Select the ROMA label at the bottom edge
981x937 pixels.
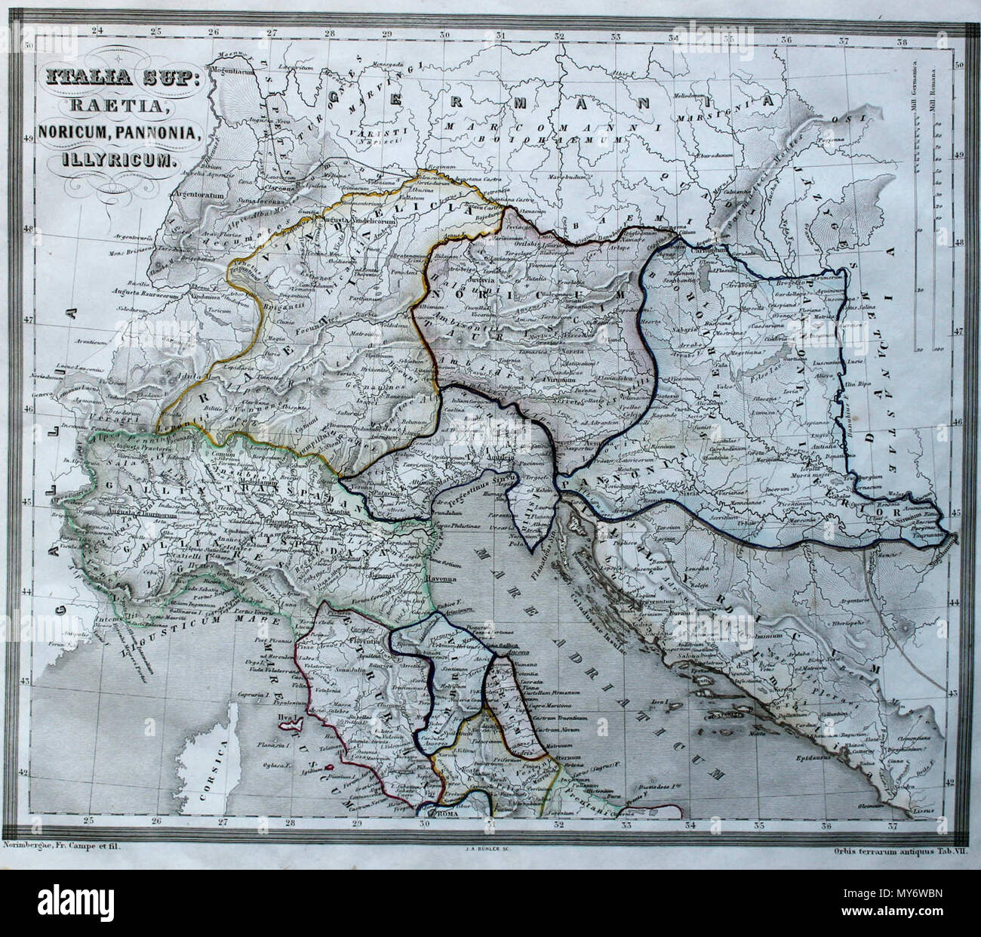[443, 815]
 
